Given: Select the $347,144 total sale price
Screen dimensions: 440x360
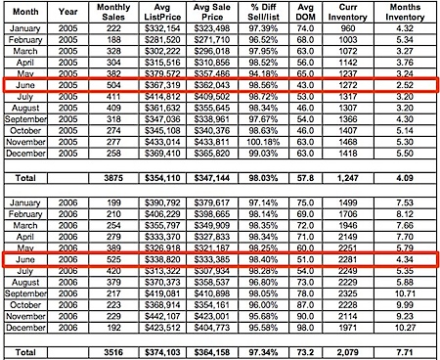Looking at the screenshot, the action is point(226,179).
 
